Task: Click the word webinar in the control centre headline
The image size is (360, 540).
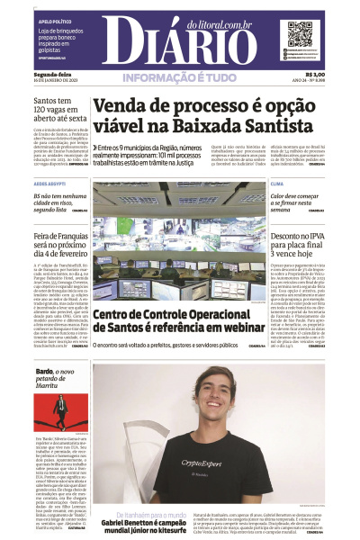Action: click(224, 329)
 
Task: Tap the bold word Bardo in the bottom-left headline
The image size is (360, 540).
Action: click(44, 371)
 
